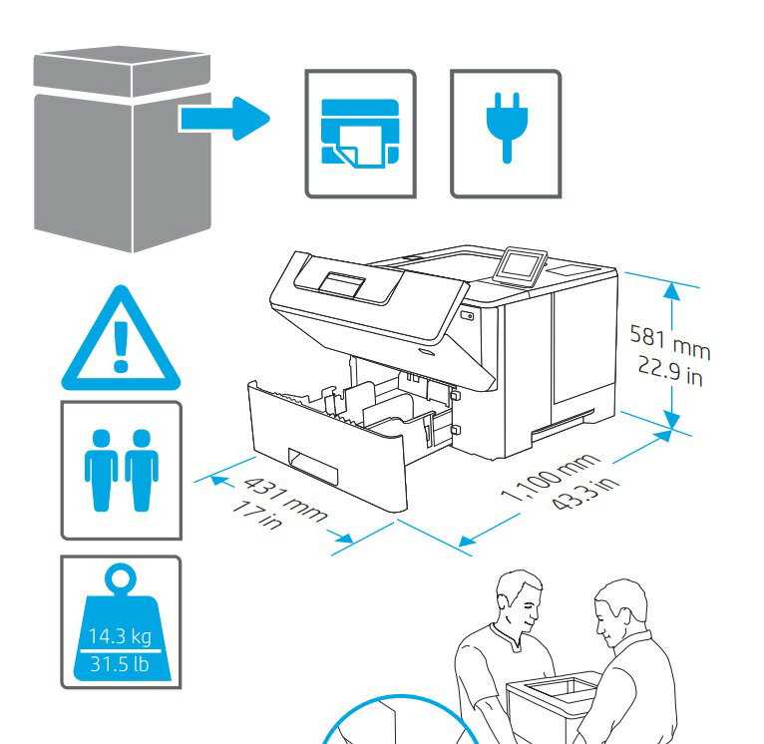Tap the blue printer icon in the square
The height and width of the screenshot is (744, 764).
[x=359, y=133]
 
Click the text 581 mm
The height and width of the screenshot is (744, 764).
[x=669, y=340]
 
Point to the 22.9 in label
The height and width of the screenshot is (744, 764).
[x=672, y=371]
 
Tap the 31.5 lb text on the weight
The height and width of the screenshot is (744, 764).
[x=120, y=662]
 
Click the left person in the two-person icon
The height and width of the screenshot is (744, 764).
[x=101, y=469]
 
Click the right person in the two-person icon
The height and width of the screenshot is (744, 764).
[x=141, y=469]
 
